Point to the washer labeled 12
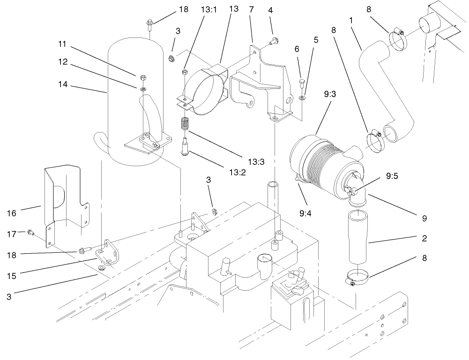tap(142, 88)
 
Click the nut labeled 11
tap(142, 77)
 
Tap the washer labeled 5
tap(303, 98)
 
